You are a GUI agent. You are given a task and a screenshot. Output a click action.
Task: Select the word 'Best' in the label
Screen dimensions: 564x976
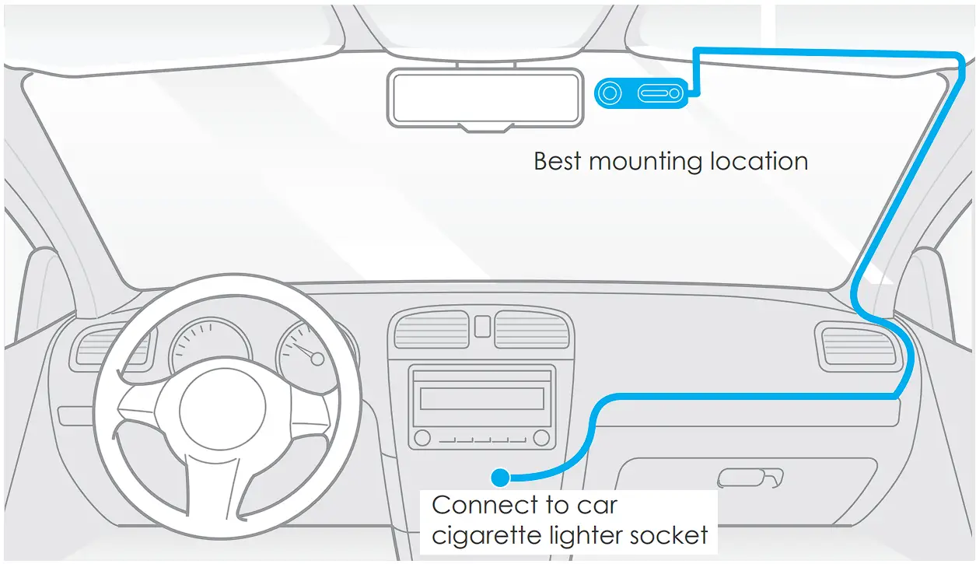[x=558, y=161]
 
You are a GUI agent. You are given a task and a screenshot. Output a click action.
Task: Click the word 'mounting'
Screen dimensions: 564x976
[x=645, y=163]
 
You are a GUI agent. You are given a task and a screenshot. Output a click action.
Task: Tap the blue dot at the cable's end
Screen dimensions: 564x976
[x=501, y=475]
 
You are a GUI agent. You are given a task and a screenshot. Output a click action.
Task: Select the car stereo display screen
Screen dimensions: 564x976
[x=481, y=398]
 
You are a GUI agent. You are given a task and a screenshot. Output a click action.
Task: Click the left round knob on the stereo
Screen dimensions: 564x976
[x=422, y=438]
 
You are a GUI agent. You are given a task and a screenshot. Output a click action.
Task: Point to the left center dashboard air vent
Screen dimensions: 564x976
[x=432, y=329]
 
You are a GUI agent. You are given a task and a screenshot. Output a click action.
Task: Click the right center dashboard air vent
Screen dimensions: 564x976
[x=532, y=329]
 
